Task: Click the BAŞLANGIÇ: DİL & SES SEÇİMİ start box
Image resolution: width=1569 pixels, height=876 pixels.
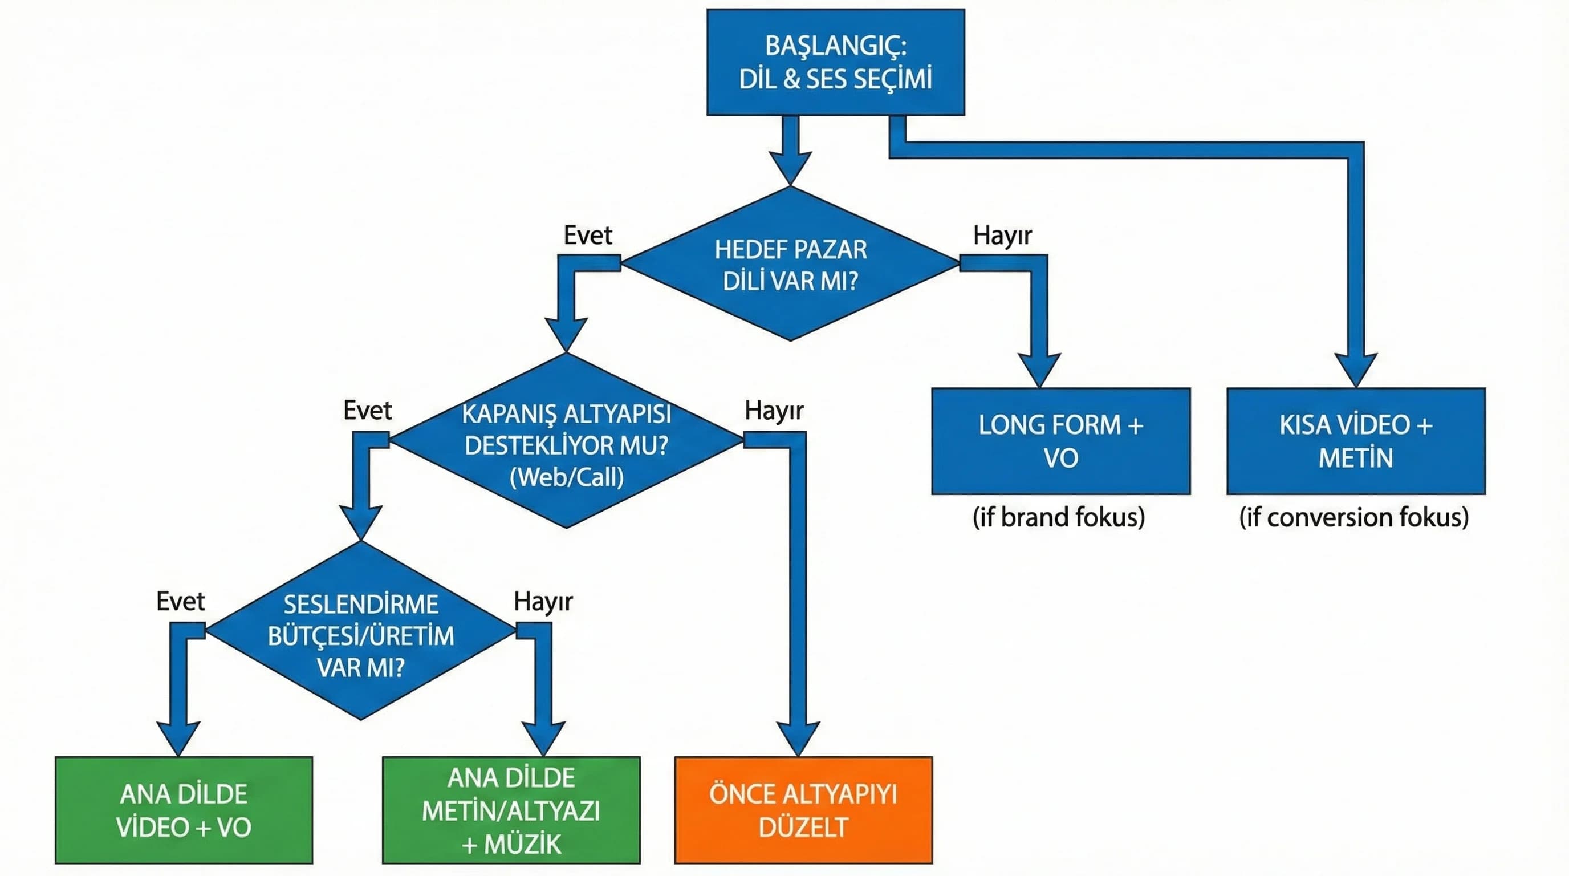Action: [835, 62]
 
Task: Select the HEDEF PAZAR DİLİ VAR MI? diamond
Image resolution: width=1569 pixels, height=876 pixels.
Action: [790, 265]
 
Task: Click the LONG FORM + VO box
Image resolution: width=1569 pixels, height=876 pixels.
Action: [1060, 441]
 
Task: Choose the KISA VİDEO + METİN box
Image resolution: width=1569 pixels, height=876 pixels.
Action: [1356, 441]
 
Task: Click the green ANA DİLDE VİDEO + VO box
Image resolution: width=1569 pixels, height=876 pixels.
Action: [184, 810]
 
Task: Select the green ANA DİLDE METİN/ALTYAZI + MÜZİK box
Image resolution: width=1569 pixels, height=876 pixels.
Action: [511, 810]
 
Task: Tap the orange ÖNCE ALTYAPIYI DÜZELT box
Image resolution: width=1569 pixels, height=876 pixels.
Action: [803, 810]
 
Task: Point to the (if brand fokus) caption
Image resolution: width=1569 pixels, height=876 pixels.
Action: [1059, 517]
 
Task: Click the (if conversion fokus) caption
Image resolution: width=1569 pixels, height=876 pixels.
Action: [1354, 517]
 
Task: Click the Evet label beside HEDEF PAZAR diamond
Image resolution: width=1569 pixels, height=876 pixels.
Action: [587, 235]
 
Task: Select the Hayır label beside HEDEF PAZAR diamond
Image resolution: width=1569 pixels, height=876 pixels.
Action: [1002, 235]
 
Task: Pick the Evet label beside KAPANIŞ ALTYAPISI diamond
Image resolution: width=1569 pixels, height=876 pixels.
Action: [367, 411]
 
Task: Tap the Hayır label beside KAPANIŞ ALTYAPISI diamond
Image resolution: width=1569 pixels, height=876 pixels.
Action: [774, 411]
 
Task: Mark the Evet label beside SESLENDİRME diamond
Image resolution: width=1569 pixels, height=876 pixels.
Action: [180, 601]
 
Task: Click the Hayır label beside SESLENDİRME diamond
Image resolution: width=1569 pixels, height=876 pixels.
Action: [543, 601]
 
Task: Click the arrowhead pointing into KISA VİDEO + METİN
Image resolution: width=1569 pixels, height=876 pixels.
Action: [1356, 369]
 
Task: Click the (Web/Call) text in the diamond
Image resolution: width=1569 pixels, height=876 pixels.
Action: [567, 477]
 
